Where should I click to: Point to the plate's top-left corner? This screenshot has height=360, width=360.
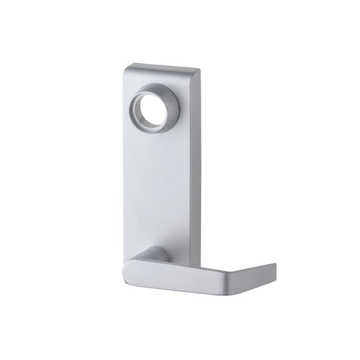(x=125, y=66)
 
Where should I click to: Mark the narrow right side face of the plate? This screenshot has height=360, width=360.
(x=195, y=169)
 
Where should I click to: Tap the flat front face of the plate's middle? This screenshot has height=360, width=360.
(x=157, y=180)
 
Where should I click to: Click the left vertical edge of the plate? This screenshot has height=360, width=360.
(x=124, y=169)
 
